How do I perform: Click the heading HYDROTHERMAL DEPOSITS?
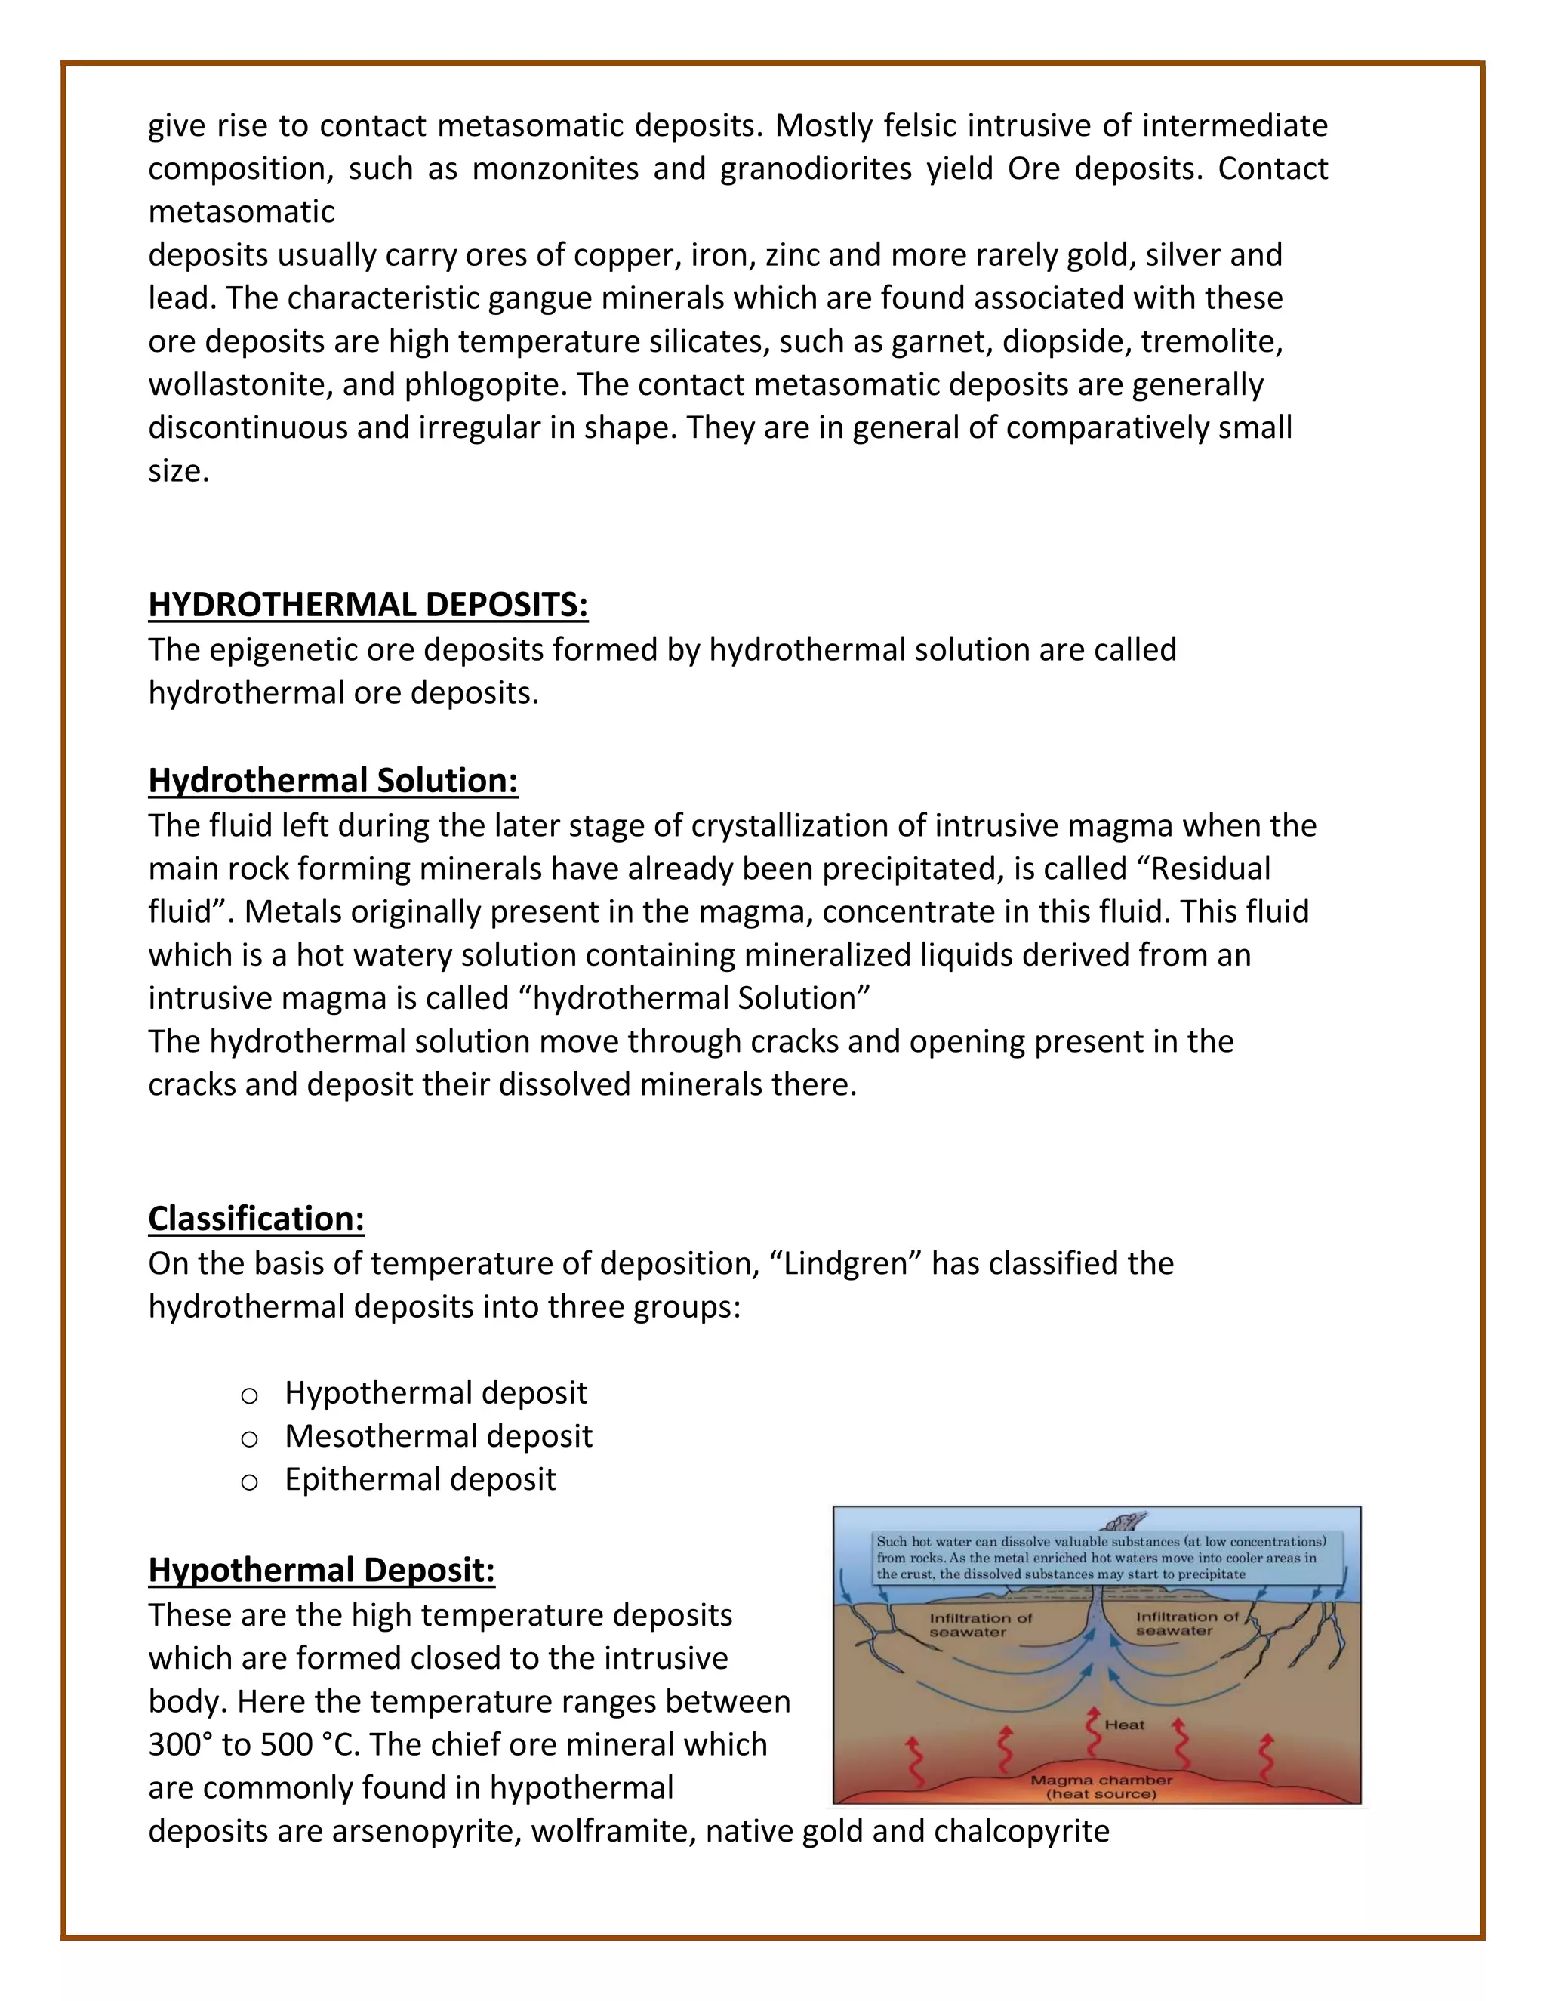pos(368,605)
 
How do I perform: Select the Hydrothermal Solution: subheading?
pos(334,781)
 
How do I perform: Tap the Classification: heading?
pos(257,1219)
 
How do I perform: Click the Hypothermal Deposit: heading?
pos(322,1570)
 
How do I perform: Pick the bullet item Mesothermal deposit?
pos(438,1435)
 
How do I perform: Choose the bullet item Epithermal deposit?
pos(420,1478)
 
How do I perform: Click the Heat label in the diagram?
pos(1124,1725)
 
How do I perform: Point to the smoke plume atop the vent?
pos(1126,1522)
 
